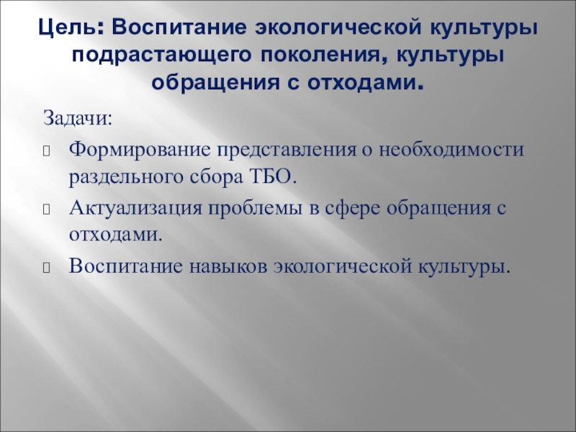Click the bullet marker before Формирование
coord(48,150)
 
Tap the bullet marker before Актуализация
coord(48,210)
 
